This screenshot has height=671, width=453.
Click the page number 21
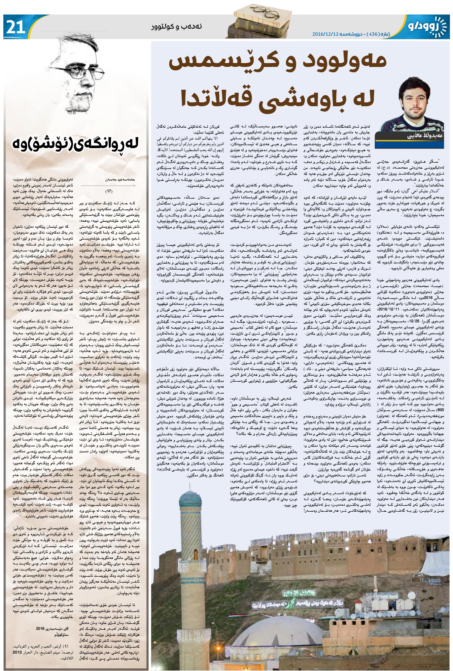pyautogui.click(x=16, y=26)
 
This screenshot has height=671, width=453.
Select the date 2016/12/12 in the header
pyautogui.click(x=326, y=34)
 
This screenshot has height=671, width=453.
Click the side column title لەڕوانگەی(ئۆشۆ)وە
pyautogui.click(x=76, y=144)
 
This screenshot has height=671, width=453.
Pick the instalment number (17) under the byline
pyautogui.click(x=109, y=191)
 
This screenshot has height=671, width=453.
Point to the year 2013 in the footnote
pyautogui.click(x=17, y=652)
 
